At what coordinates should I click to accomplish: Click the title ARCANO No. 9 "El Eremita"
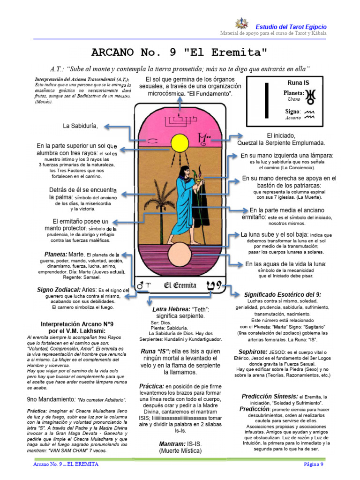pos(179,51)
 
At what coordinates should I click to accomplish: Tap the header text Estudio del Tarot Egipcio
pos(291,27)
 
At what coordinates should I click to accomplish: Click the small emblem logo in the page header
pos(242,26)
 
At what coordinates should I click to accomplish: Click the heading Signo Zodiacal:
pos(59,290)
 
